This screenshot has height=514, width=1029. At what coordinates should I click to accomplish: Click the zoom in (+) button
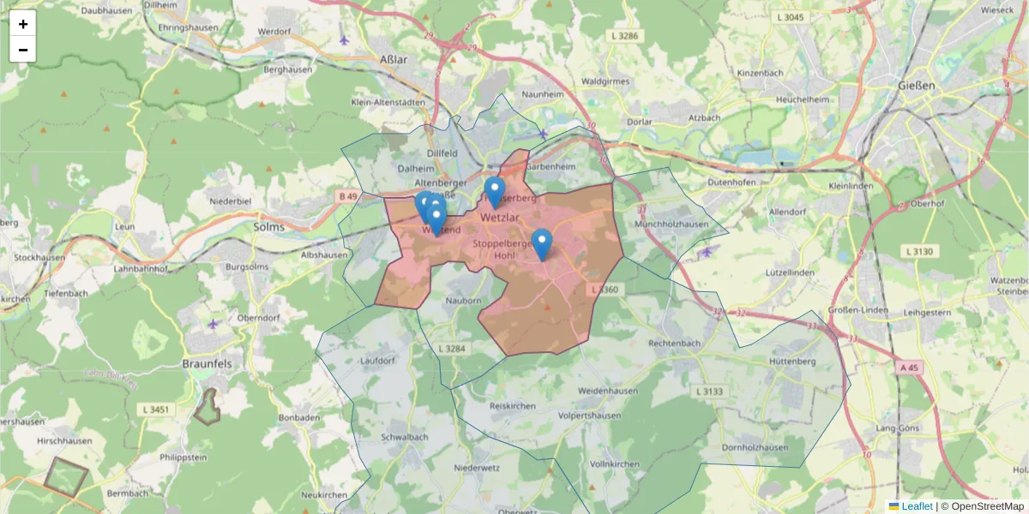pyautogui.click(x=23, y=24)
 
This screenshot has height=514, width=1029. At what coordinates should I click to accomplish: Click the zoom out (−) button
pyautogui.click(x=23, y=50)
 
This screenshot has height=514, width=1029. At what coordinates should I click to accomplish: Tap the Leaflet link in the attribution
pyautogui.click(x=916, y=506)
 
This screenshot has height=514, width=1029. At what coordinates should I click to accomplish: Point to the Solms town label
pyautogui.click(x=270, y=227)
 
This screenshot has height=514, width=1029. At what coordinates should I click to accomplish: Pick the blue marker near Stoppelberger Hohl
pyautogui.click(x=541, y=244)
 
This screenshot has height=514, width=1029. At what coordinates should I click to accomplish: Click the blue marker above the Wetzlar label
pyautogui.click(x=494, y=192)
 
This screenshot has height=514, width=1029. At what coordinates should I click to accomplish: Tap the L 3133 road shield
pyautogui.click(x=707, y=391)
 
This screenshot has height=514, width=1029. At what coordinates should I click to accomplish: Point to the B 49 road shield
pyautogui.click(x=347, y=197)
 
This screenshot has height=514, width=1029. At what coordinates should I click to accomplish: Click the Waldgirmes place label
pyautogui.click(x=605, y=81)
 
